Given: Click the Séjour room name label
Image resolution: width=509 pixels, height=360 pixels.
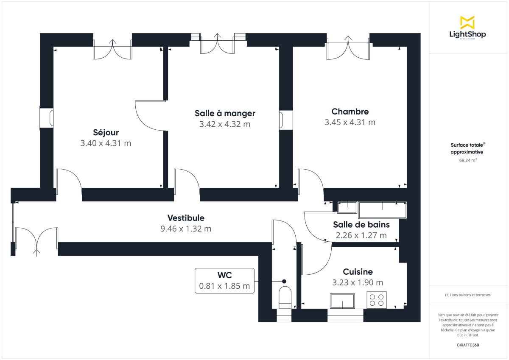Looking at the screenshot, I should pos(106,132).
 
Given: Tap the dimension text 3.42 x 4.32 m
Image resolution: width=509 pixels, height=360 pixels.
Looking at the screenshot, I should pos(225,124).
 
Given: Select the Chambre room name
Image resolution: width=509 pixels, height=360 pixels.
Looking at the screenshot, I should pos(350,112).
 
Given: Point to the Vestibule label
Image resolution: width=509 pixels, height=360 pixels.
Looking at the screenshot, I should pos(186,218).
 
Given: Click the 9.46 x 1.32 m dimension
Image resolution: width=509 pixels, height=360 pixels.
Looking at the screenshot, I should pos(186,229).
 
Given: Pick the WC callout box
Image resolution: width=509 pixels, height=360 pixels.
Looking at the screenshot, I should pos(224,281).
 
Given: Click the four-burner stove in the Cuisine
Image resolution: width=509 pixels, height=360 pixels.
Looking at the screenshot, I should pos(377,300).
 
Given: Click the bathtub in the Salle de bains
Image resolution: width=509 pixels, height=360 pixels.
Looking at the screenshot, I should pos(383,209).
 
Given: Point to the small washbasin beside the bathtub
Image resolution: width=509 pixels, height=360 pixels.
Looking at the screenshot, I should pos(347,207).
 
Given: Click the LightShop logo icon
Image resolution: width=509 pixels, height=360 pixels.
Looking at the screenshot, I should pos(467,22).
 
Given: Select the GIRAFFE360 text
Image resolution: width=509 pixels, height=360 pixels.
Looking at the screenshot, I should pos(467,345).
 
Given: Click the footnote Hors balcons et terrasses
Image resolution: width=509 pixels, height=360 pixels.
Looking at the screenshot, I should pos(467,295).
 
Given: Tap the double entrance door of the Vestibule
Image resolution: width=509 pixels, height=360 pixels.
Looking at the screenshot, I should pos(37,241).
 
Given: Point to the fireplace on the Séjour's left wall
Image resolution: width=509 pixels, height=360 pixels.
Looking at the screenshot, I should pos(47,118).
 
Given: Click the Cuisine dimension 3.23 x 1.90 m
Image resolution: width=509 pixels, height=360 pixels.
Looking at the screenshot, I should pos(358,283).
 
